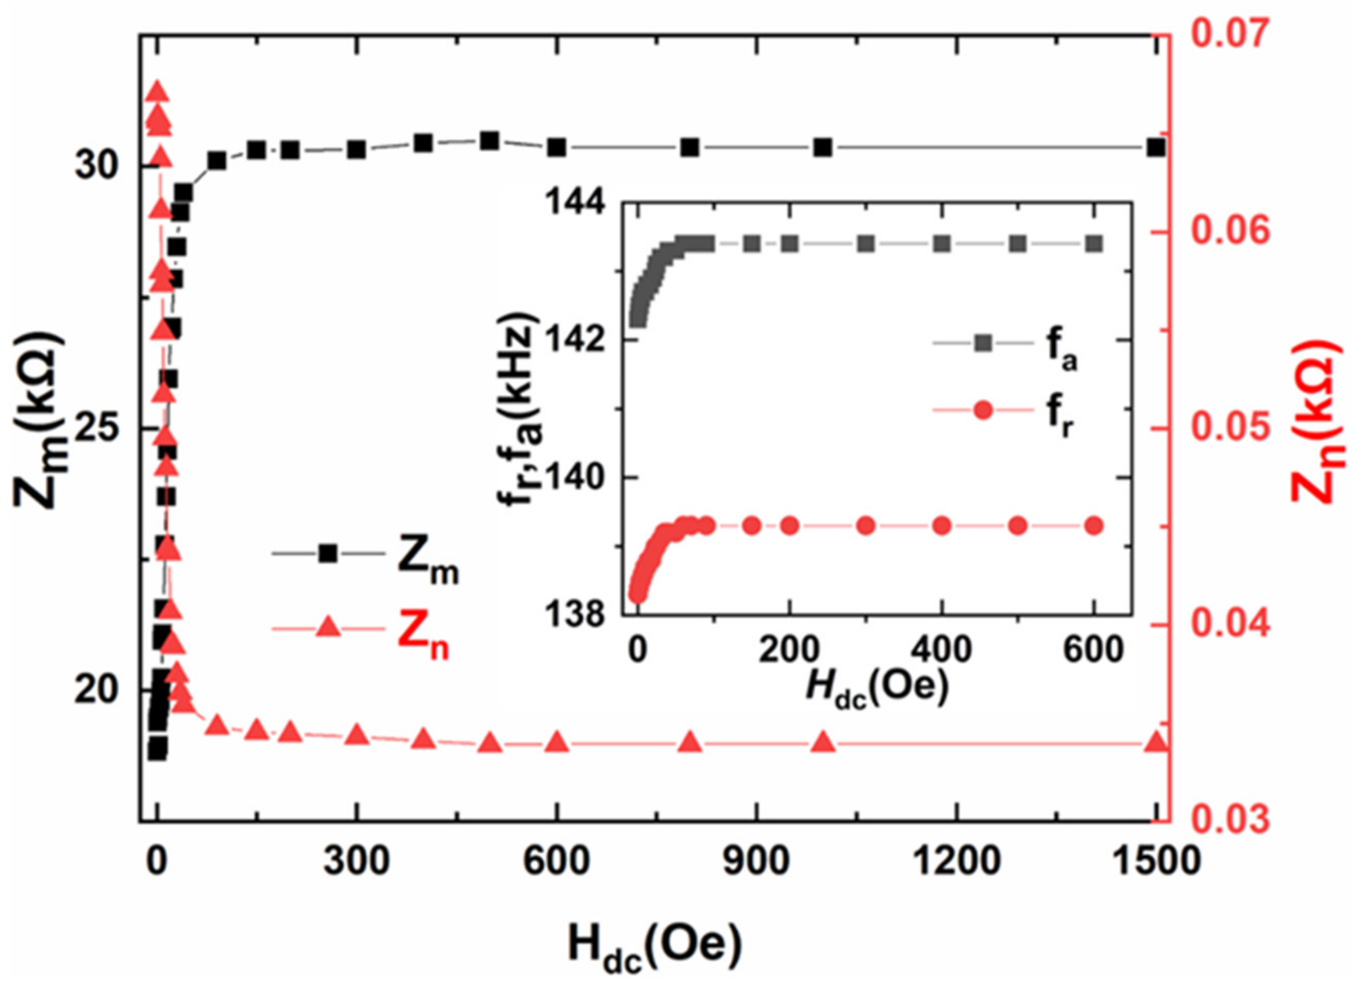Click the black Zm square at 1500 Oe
[1156, 148]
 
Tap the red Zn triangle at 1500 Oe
[1156, 743]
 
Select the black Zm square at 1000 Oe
[823, 147]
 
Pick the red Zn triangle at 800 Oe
[690, 743]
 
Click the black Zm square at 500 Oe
[490, 141]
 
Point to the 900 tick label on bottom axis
[756, 863]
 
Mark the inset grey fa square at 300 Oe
[866, 244]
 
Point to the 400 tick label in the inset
[942, 650]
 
